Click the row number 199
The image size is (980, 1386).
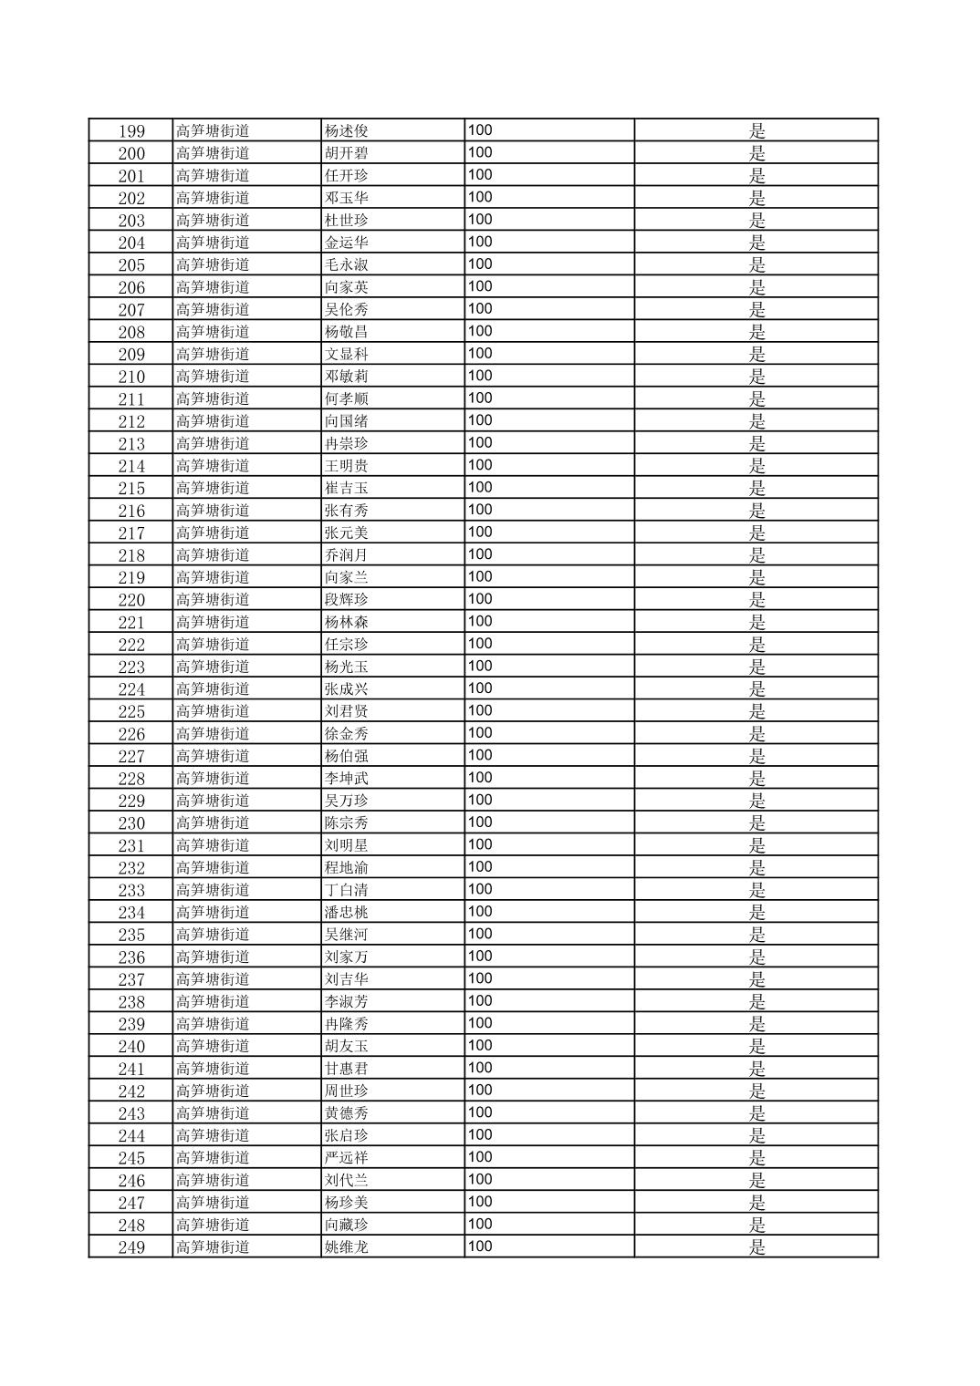click(x=131, y=130)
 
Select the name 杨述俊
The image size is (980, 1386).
click(x=347, y=130)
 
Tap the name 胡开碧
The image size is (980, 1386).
click(x=347, y=153)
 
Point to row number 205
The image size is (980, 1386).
click(x=131, y=264)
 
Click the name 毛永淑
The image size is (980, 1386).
click(x=347, y=264)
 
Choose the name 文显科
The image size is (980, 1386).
click(x=347, y=354)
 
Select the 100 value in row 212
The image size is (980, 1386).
click(x=480, y=420)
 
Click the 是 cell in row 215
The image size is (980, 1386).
click(x=756, y=488)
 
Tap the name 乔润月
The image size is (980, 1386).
click(x=347, y=554)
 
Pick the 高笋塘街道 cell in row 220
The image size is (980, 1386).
click(x=213, y=599)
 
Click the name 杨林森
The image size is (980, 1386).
click(x=347, y=622)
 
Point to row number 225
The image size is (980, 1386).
click(x=131, y=711)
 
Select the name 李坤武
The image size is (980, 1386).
click(x=347, y=778)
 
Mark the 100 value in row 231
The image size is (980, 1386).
click(x=480, y=844)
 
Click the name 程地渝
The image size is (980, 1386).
click(x=347, y=867)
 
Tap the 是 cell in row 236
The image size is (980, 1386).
click(x=756, y=957)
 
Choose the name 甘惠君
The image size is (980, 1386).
click(x=347, y=1068)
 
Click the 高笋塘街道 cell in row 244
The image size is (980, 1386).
click(x=213, y=1135)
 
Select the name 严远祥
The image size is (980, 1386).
click(x=347, y=1157)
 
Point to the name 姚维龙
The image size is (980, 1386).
click(x=347, y=1246)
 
